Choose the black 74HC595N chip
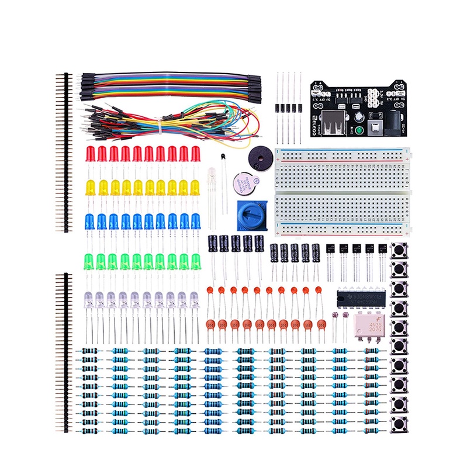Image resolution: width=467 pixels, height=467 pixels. point(362,299)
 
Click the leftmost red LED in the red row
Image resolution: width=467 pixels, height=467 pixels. point(91,155)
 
